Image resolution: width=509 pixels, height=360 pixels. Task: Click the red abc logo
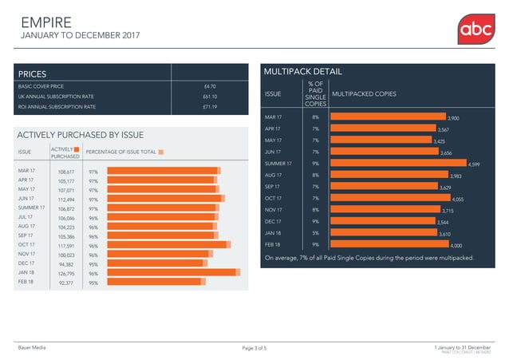(x=476, y=31)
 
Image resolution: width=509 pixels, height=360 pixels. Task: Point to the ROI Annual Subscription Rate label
(x=57, y=107)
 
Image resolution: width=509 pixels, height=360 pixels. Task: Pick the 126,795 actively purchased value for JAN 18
(x=66, y=273)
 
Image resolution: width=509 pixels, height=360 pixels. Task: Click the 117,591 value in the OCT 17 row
(x=66, y=245)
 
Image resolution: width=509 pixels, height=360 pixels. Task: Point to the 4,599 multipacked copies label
(x=474, y=164)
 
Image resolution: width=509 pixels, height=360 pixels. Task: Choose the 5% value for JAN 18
(x=315, y=233)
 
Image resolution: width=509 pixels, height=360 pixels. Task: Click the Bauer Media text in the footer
(x=33, y=348)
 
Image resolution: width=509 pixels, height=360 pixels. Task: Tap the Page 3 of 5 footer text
(x=254, y=348)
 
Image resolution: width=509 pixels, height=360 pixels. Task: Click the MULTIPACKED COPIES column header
(x=363, y=94)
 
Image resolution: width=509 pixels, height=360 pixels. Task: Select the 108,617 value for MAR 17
(x=66, y=172)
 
